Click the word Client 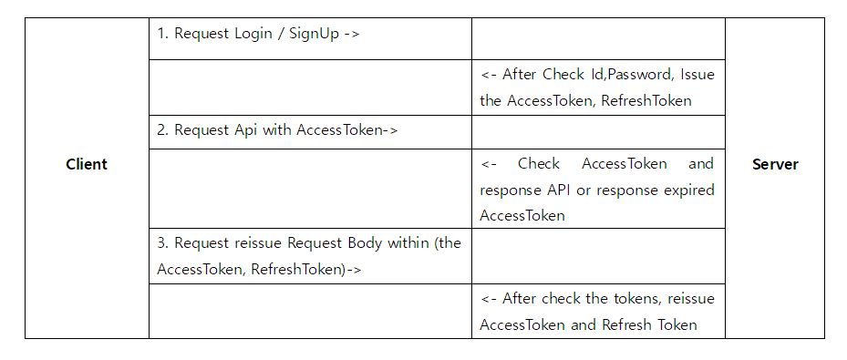(x=87, y=165)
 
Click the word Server (x=775, y=165)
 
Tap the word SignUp (x=315, y=35)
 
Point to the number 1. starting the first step (x=162, y=35)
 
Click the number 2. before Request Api (x=162, y=130)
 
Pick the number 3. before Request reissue (x=162, y=243)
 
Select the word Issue (x=698, y=75)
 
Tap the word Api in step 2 (x=246, y=130)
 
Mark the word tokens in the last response (x=638, y=299)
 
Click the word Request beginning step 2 (x=200, y=130)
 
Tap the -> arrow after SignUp (x=353, y=35)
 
